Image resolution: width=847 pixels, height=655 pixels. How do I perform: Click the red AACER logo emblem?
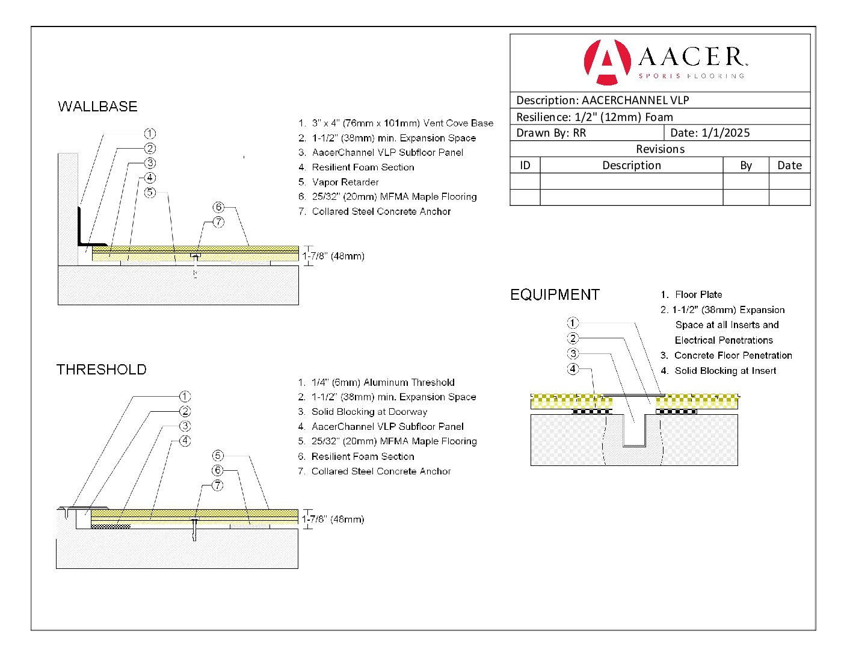[x=607, y=61]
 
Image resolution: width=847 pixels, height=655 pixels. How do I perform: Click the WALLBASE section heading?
[x=97, y=107]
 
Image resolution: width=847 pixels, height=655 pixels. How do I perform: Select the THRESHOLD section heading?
[x=101, y=370]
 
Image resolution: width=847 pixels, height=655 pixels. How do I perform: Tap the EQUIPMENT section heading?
[x=555, y=295]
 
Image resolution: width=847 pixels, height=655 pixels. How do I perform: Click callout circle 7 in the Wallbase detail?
[x=218, y=222]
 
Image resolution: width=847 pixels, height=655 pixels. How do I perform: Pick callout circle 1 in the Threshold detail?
[x=185, y=397]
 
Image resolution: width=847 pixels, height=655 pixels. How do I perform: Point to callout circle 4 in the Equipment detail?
[x=573, y=369]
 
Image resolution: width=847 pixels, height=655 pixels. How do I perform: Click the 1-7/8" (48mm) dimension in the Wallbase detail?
[x=333, y=256]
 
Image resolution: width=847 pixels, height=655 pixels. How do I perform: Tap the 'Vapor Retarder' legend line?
[x=345, y=182]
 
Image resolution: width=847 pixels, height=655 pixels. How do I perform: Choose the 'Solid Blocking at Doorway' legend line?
[x=369, y=412]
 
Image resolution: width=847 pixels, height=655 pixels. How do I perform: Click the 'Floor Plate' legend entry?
[x=698, y=294]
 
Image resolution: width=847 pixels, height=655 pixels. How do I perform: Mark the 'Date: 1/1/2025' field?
[x=710, y=133]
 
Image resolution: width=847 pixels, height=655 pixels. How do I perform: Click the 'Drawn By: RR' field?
[x=551, y=133]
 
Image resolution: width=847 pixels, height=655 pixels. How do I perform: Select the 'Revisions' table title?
[x=660, y=149]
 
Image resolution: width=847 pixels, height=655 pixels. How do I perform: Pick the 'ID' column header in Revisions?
[x=525, y=166]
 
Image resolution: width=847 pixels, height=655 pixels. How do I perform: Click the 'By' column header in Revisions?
[x=746, y=166]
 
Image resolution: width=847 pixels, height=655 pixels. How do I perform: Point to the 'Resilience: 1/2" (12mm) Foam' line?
[x=594, y=117]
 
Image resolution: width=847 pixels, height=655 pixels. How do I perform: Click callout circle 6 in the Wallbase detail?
[x=218, y=208]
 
